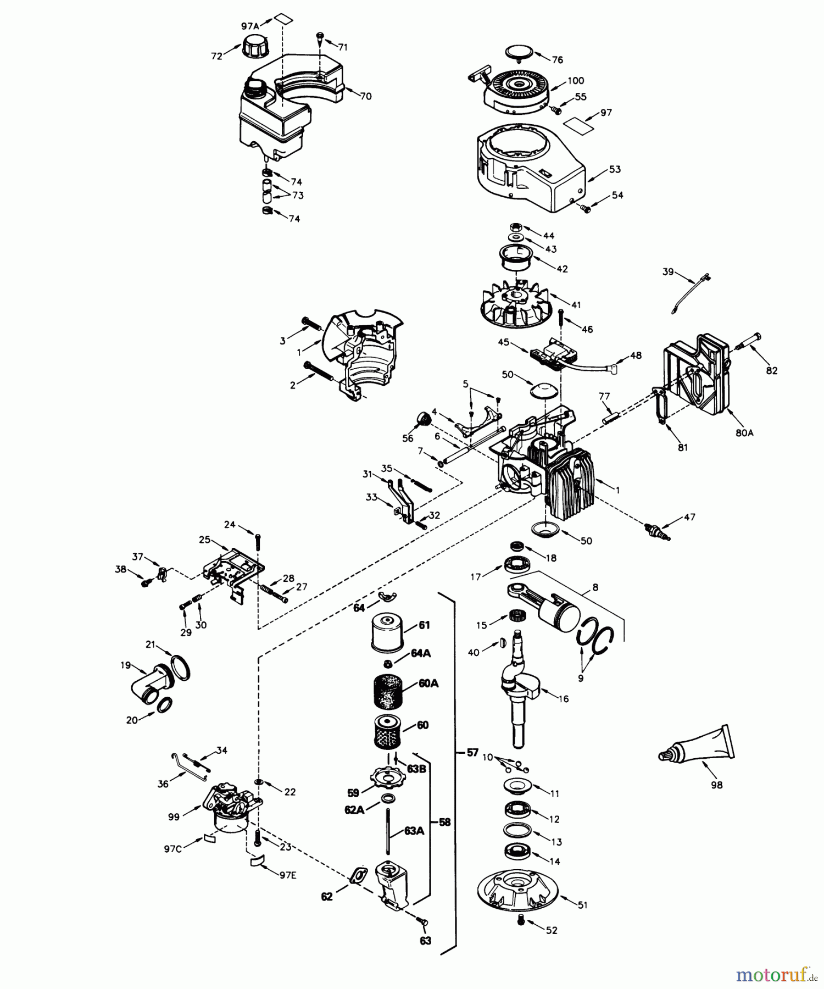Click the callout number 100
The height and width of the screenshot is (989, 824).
(x=576, y=81)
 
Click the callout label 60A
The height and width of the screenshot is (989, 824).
(x=427, y=684)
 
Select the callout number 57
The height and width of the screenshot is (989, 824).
(x=472, y=753)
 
